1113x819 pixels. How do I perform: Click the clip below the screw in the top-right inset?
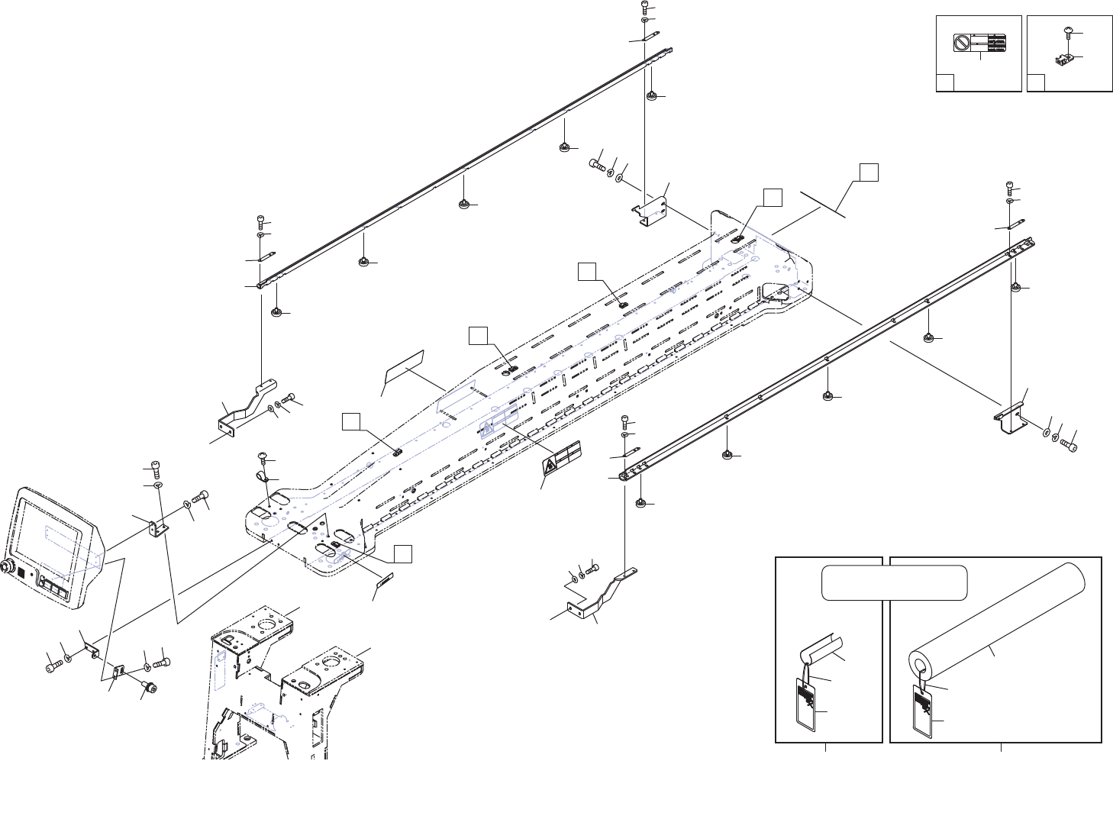(1061, 59)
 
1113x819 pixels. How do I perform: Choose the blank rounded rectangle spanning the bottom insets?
(895, 583)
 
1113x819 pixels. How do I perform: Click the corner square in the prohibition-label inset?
(945, 82)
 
